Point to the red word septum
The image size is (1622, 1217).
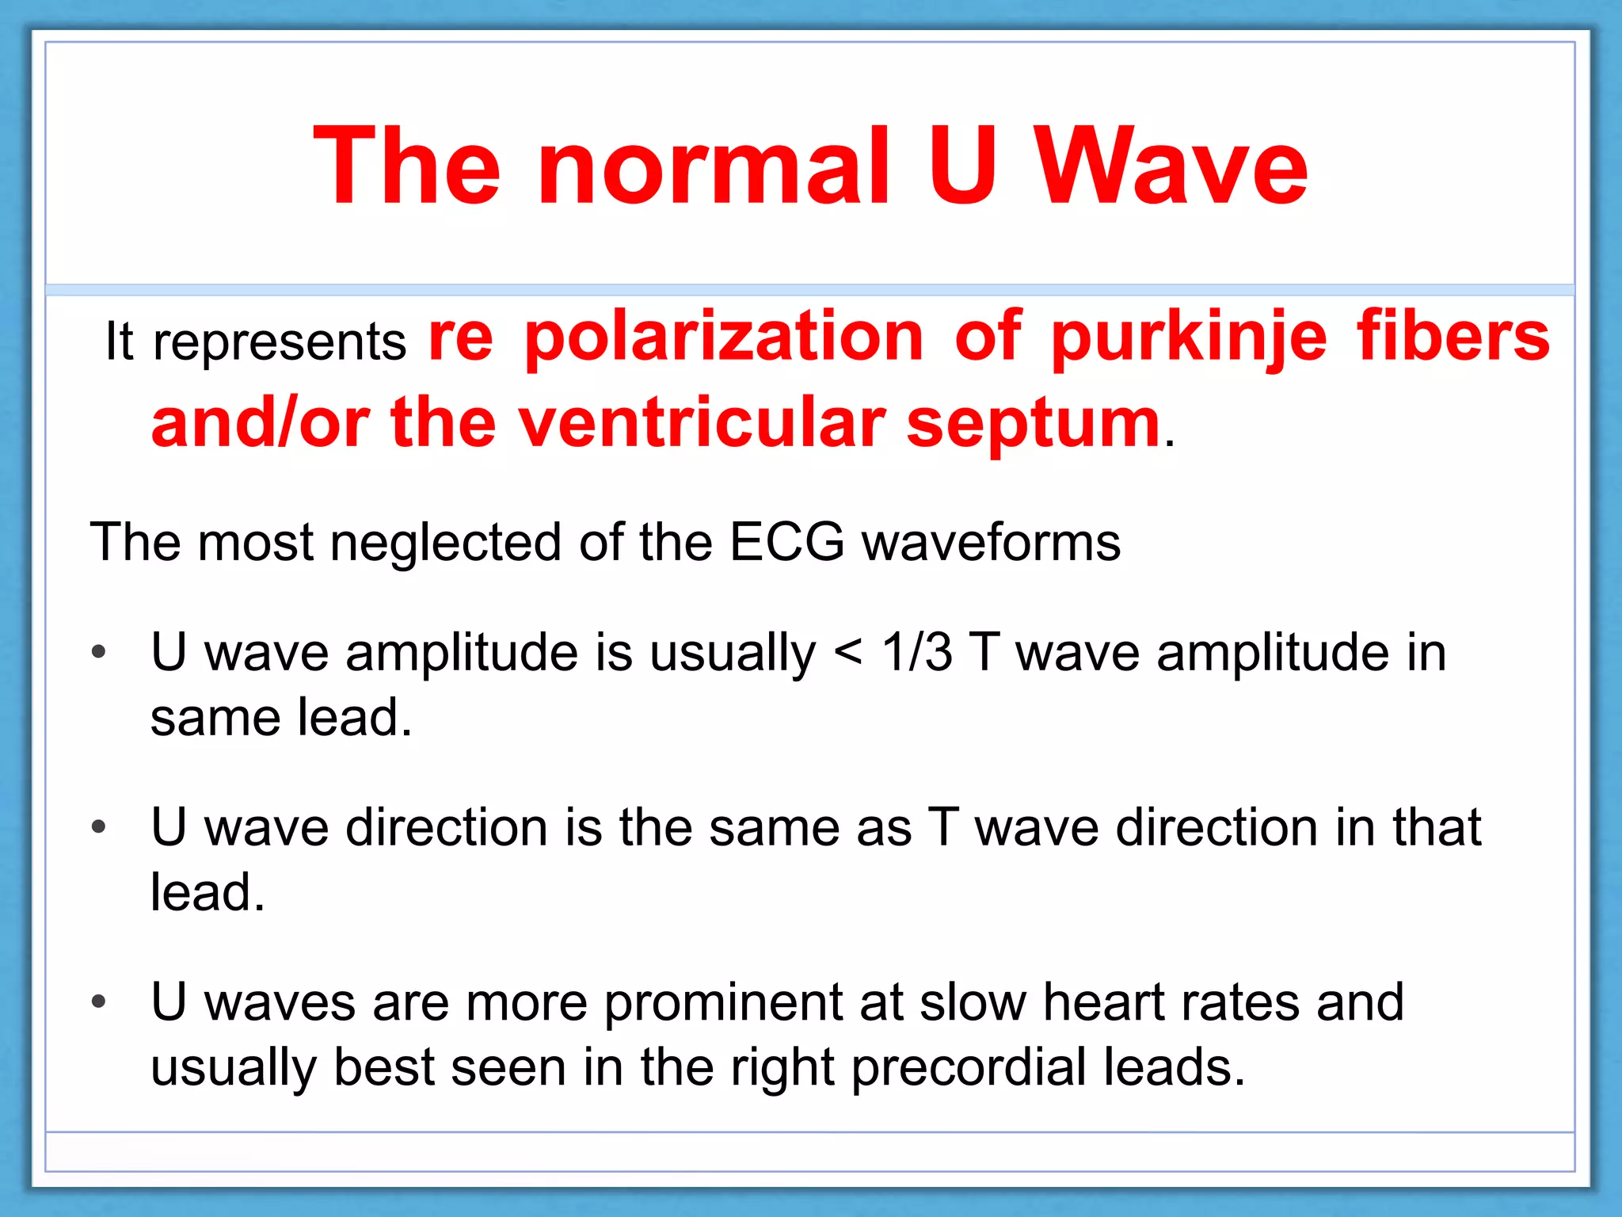(x=1033, y=425)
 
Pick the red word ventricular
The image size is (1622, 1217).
(x=702, y=423)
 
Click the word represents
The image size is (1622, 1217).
(x=280, y=343)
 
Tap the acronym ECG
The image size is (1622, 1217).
(x=786, y=543)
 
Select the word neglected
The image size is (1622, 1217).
(x=445, y=544)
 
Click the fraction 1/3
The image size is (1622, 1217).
(x=916, y=653)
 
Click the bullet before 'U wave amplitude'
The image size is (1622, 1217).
(x=98, y=653)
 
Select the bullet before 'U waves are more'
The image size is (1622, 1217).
(x=98, y=1002)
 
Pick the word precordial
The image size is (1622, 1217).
(x=969, y=1068)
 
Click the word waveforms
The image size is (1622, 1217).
(x=991, y=543)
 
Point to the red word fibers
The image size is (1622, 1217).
(x=1453, y=338)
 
